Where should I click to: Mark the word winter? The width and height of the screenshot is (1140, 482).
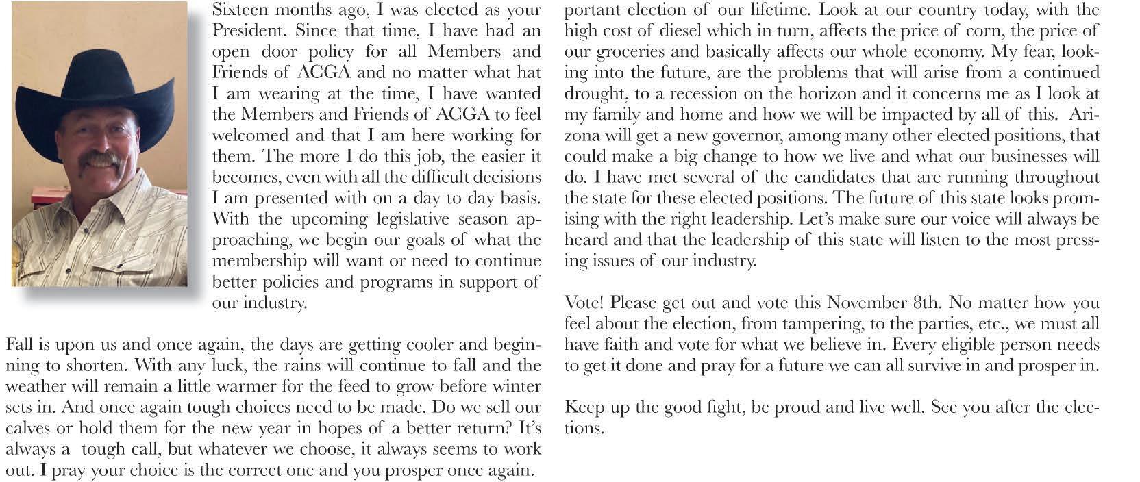click(x=518, y=386)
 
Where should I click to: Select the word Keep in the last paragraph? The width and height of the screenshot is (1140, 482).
click(x=584, y=407)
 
